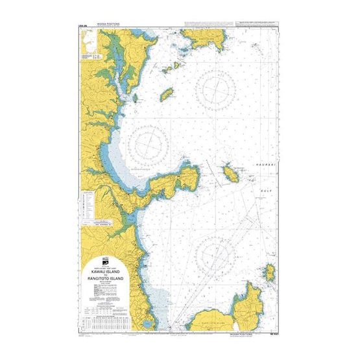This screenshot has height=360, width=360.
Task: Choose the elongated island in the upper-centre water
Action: tap(166, 95)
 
